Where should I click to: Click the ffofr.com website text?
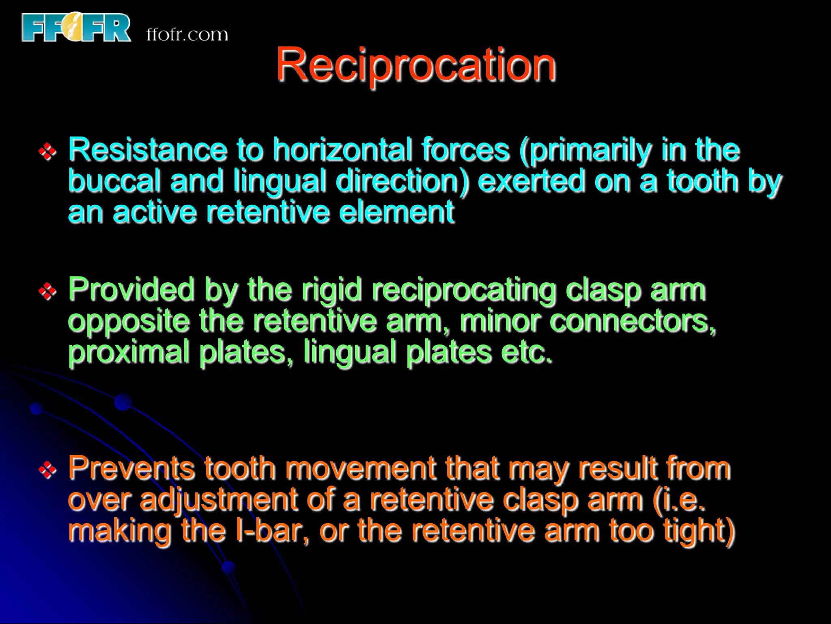pyautogui.click(x=187, y=35)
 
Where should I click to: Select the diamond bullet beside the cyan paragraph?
pyautogui.click(x=47, y=152)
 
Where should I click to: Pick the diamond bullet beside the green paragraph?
pyautogui.click(x=47, y=291)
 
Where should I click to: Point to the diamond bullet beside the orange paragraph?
pyautogui.click(x=47, y=470)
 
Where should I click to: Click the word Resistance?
pyautogui.click(x=147, y=150)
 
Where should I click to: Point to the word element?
pyautogui.click(x=396, y=212)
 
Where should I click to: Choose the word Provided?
pyautogui.click(x=131, y=290)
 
